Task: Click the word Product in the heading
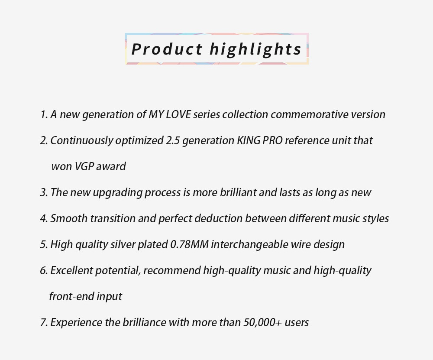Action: coord(167,49)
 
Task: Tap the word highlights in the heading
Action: coord(255,49)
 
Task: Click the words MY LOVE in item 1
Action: coord(170,115)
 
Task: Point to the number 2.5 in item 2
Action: coord(171,141)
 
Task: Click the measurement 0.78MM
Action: coord(190,245)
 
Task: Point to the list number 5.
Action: coord(43,245)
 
